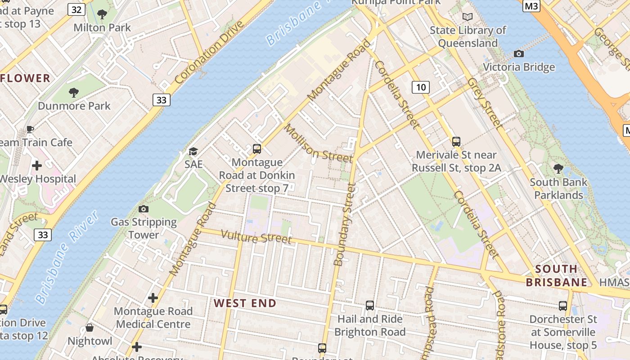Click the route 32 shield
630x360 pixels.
pos(76,9)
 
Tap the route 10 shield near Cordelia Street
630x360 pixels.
pos(420,87)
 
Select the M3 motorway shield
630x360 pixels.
pos(531,5)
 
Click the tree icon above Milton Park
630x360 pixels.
pos(102,14)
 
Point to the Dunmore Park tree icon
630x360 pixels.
pos(74,93)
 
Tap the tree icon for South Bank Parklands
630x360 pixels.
pos(558,169)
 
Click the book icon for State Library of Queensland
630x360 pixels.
pos(468,17)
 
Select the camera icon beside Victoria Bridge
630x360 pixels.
pos(518,54)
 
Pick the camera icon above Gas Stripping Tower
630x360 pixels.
pos(144,209)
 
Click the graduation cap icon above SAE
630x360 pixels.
pos(193,151)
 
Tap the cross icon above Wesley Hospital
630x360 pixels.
pos(37,166)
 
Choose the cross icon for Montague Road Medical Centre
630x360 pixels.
pos(153,298)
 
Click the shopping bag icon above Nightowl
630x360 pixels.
pos(90,328)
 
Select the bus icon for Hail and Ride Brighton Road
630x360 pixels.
pos(369,306)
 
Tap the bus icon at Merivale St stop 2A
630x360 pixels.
pos(456,142)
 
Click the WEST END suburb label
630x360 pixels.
pos(245,303)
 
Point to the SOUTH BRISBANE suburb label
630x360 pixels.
pos(557,275)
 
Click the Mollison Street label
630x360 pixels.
pos(318,144)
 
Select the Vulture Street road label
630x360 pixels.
pos(256,237)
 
